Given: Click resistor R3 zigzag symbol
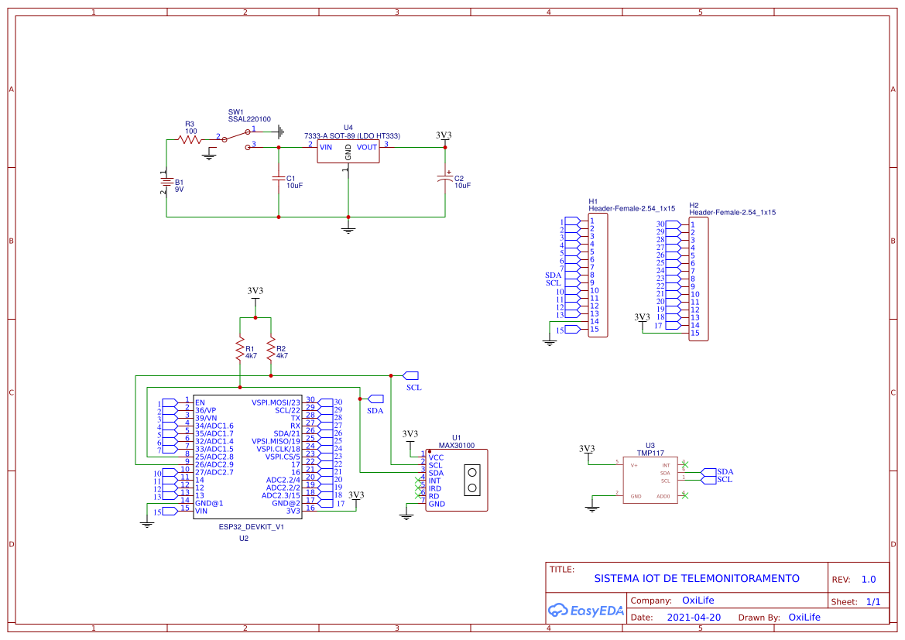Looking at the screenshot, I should pos(189,139).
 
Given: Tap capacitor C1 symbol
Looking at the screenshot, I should pos(279,179).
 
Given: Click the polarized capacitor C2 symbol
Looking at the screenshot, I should pos(445,179).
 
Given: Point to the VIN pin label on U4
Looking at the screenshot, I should pos(326,146).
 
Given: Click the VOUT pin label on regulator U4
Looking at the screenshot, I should pos(367,146).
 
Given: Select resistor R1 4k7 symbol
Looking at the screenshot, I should pos(240,350).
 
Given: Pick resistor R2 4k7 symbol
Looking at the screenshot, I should pos(271,350).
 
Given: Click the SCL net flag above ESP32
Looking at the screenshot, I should pos(410,375).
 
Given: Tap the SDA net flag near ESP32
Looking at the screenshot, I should pos(375,399).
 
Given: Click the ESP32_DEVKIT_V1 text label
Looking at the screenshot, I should pos(252,526).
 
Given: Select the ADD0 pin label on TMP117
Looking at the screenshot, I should pos(663,496).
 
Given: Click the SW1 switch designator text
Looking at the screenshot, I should pos(236,111).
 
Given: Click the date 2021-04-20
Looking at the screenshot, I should pos(694,618).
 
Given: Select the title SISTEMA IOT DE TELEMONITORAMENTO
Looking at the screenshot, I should pos(697,578).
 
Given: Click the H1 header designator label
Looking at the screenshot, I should pos(593,201).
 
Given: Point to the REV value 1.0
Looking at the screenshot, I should pos(869,579).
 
